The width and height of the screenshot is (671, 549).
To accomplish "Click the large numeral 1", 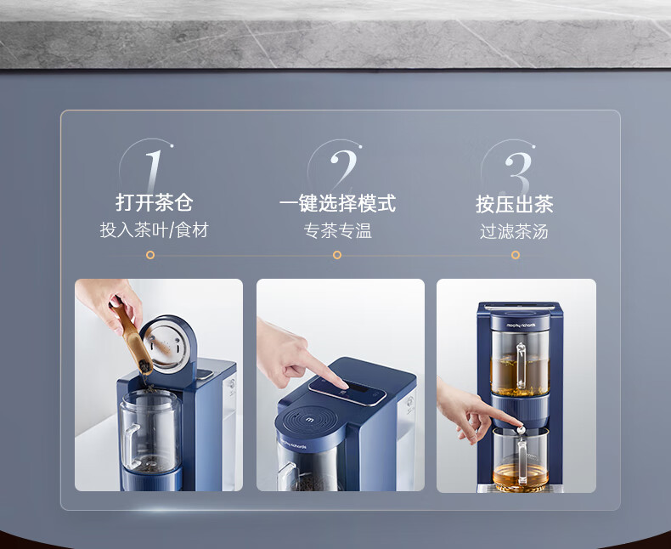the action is (154, 172).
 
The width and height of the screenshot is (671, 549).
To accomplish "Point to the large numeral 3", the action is (518, 173).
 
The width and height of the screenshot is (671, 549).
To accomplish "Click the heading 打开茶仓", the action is (154, 202).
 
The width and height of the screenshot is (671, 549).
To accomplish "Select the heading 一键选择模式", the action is (337, 203).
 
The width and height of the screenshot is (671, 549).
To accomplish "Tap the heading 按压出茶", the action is (515, 204).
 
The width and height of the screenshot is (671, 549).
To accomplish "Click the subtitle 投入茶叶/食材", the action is (154, 230).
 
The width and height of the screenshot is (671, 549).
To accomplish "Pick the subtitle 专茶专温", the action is (338, 231).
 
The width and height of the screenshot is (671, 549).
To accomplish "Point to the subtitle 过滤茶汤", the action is (514, 232).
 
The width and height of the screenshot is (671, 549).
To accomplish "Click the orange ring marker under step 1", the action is (149, 255).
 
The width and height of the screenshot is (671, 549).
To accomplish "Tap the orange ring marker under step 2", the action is (337, 255).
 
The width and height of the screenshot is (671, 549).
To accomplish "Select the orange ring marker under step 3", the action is (516, 255).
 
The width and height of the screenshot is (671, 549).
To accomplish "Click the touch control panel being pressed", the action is (347, 391).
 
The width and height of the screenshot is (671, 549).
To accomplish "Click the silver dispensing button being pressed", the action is (520, 428).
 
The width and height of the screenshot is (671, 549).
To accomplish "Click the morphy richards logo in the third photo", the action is (521, 325).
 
